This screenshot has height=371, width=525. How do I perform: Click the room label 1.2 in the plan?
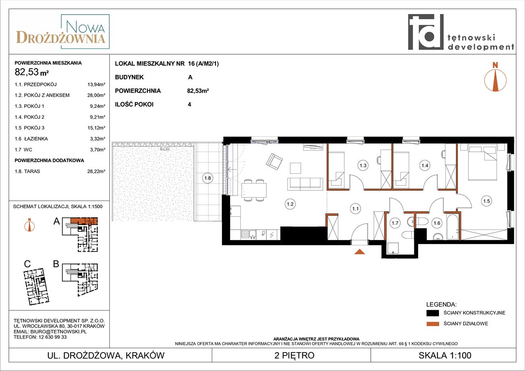290,204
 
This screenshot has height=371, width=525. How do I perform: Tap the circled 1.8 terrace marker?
207,178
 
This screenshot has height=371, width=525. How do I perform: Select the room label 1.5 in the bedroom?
486,201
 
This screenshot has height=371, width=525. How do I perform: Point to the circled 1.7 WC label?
395,223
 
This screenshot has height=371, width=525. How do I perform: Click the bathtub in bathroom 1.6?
452,227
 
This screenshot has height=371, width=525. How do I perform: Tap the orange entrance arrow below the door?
360,252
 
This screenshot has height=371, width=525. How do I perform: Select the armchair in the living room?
274,161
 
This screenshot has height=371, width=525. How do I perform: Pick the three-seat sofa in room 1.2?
305,184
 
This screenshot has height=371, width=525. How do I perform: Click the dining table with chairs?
254,190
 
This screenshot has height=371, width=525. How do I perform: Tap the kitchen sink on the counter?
249,234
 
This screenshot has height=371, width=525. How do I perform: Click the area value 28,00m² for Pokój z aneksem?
96,95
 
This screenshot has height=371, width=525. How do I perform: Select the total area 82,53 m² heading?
32,72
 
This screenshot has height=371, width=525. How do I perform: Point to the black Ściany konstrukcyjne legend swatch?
433,313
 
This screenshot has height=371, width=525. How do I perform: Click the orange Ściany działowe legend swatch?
433,324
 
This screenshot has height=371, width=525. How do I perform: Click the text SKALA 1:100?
445,355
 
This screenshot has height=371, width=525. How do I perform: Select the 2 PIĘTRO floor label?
294,355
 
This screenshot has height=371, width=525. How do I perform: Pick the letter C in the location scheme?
27,264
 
